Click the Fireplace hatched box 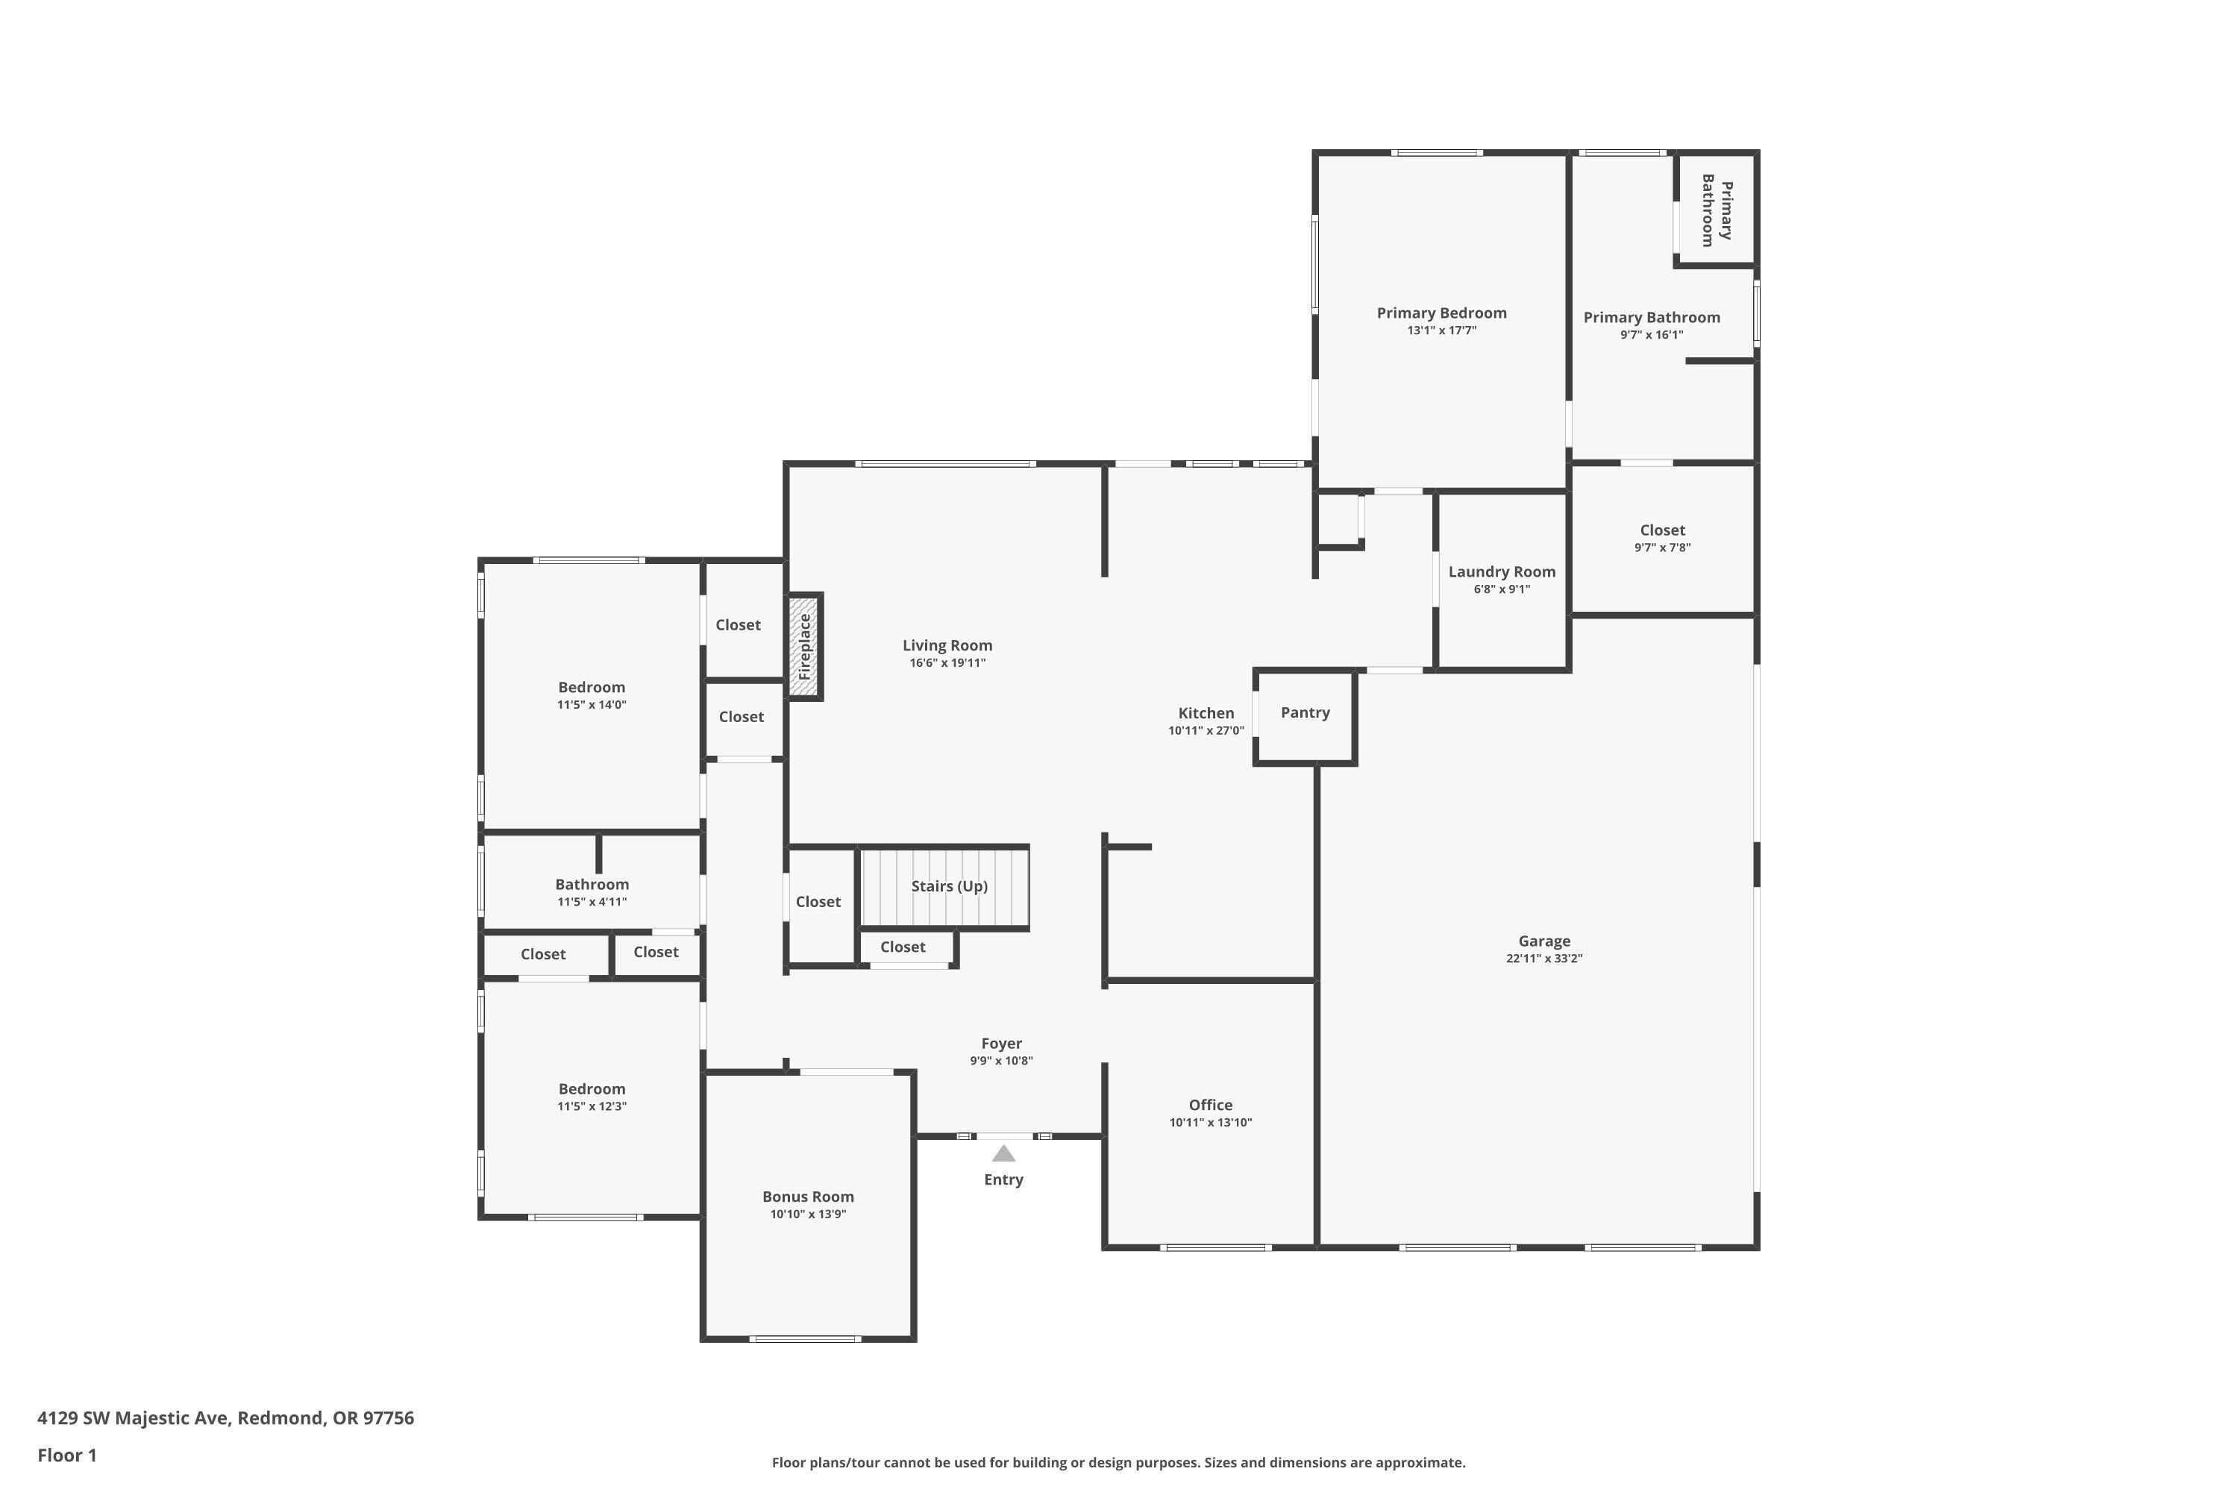coord(805,647)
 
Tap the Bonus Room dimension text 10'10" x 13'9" coord(808,1214)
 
